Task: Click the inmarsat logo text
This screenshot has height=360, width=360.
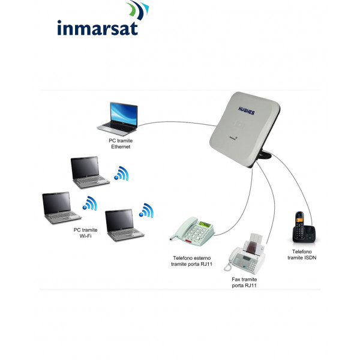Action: [98, 28]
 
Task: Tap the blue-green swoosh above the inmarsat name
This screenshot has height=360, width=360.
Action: [138, 10]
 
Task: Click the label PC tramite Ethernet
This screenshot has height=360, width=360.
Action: [120, 143]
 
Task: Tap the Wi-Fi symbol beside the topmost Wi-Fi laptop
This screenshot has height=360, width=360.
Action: [122, 174]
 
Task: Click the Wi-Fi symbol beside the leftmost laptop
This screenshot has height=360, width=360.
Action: [90, 204]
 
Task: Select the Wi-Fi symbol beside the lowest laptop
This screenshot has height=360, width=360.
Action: [146, 211]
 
